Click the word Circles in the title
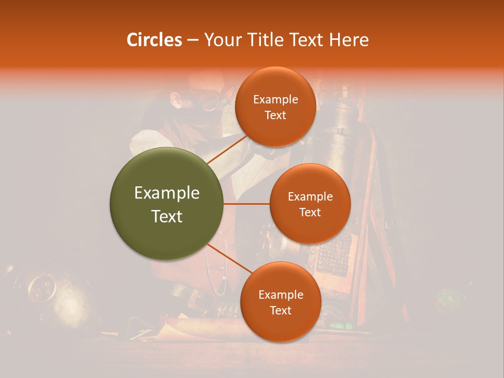(154, 40)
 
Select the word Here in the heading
(349, 40)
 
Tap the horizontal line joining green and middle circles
(246, 204)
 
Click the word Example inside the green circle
(167, 193)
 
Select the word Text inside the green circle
(167, 216)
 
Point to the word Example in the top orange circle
(276, 100)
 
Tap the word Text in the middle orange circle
(310, 212)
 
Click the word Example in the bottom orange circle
(281, 295)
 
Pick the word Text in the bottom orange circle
(280, 311)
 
